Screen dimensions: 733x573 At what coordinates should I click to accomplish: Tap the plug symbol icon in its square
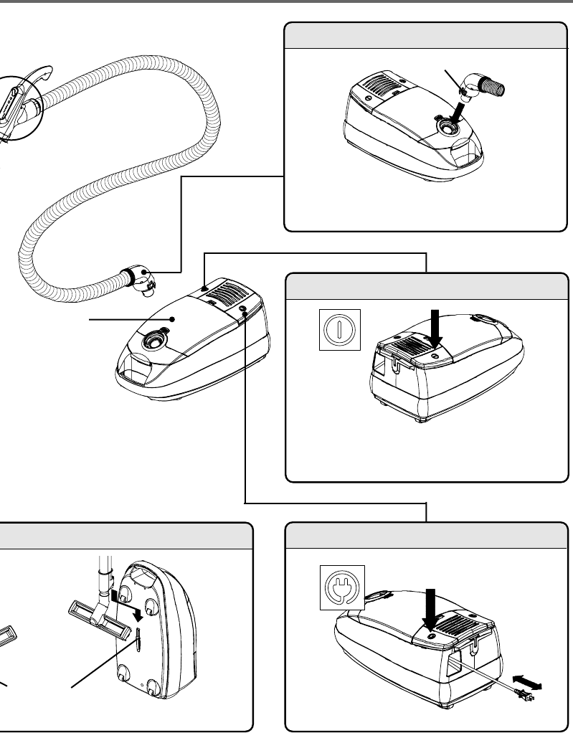[341, 587]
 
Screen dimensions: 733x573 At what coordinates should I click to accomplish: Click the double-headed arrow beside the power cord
[526, 682]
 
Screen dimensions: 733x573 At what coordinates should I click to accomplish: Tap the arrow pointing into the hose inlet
[453, 110]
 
